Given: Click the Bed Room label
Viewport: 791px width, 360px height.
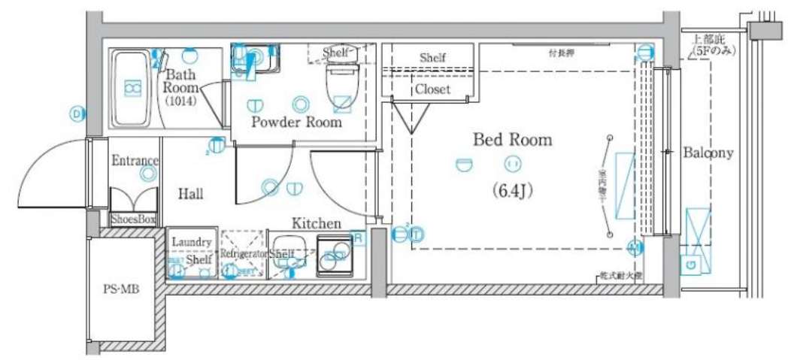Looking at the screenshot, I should (512, 140).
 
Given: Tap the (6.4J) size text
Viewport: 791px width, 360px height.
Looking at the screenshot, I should (513, 190).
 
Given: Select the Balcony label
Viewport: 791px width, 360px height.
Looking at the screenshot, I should (707, 153).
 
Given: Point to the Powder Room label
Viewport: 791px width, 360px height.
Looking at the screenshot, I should (296, 122).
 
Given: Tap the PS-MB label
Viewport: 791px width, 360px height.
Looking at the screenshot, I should (120, 289).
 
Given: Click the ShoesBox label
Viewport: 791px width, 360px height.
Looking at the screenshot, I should (133, 219).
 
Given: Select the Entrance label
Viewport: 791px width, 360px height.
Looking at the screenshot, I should (135, 160).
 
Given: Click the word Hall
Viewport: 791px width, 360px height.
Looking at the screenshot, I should (190, 194).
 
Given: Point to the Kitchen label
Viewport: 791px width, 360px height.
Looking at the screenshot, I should (316, 223).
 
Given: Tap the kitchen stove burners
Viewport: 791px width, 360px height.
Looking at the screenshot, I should (334, 256).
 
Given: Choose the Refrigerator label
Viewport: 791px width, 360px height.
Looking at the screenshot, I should (243, 254).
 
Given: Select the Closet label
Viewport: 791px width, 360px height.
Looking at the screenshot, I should (432, 89).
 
